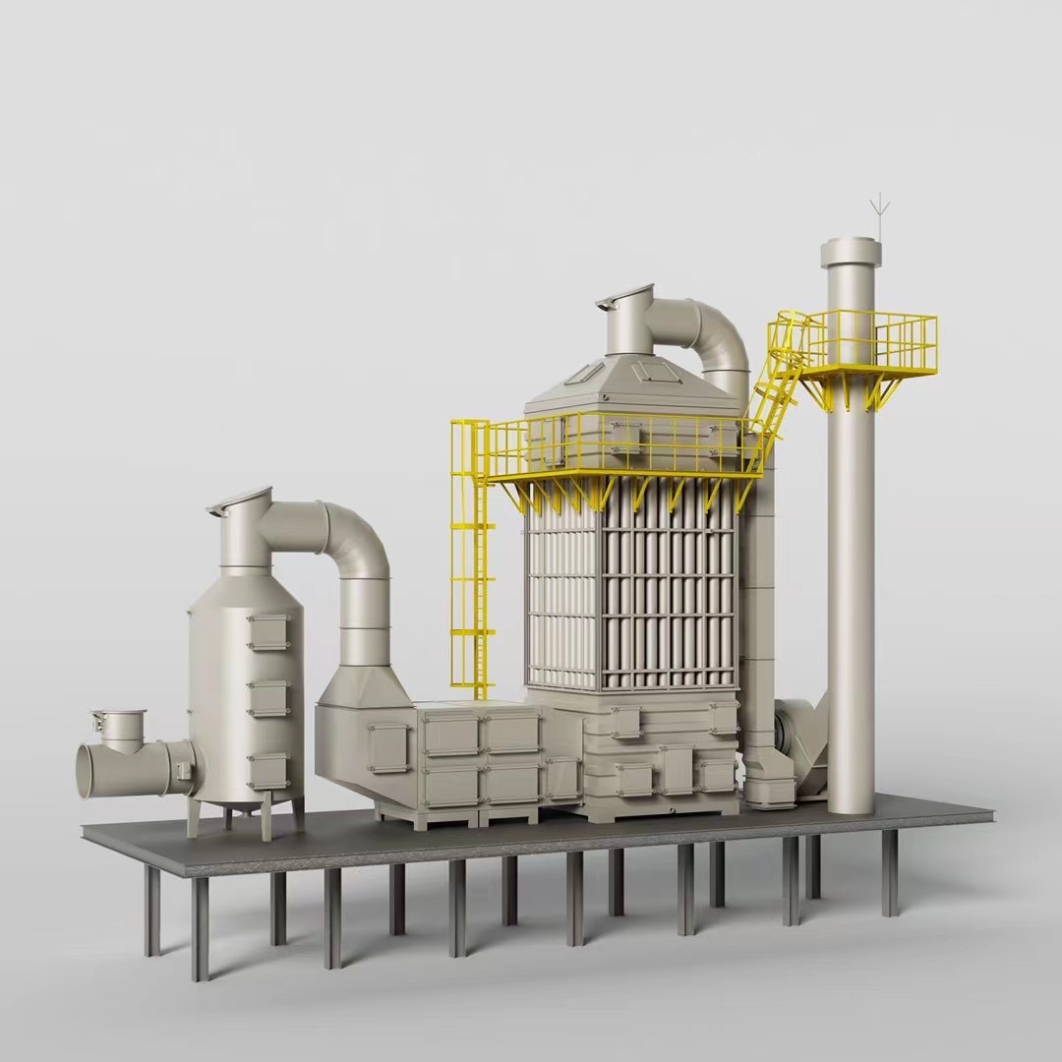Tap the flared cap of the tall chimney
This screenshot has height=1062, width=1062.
pyautogui.click(x=851, y=253)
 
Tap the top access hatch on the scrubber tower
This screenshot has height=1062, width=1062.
pyautogui.click(x=267, y=631)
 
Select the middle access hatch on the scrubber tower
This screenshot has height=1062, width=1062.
pyautogui.click(x=267, y=697)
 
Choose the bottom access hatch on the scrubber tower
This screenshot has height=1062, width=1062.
pyautogui.click(x=267, y=771)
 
